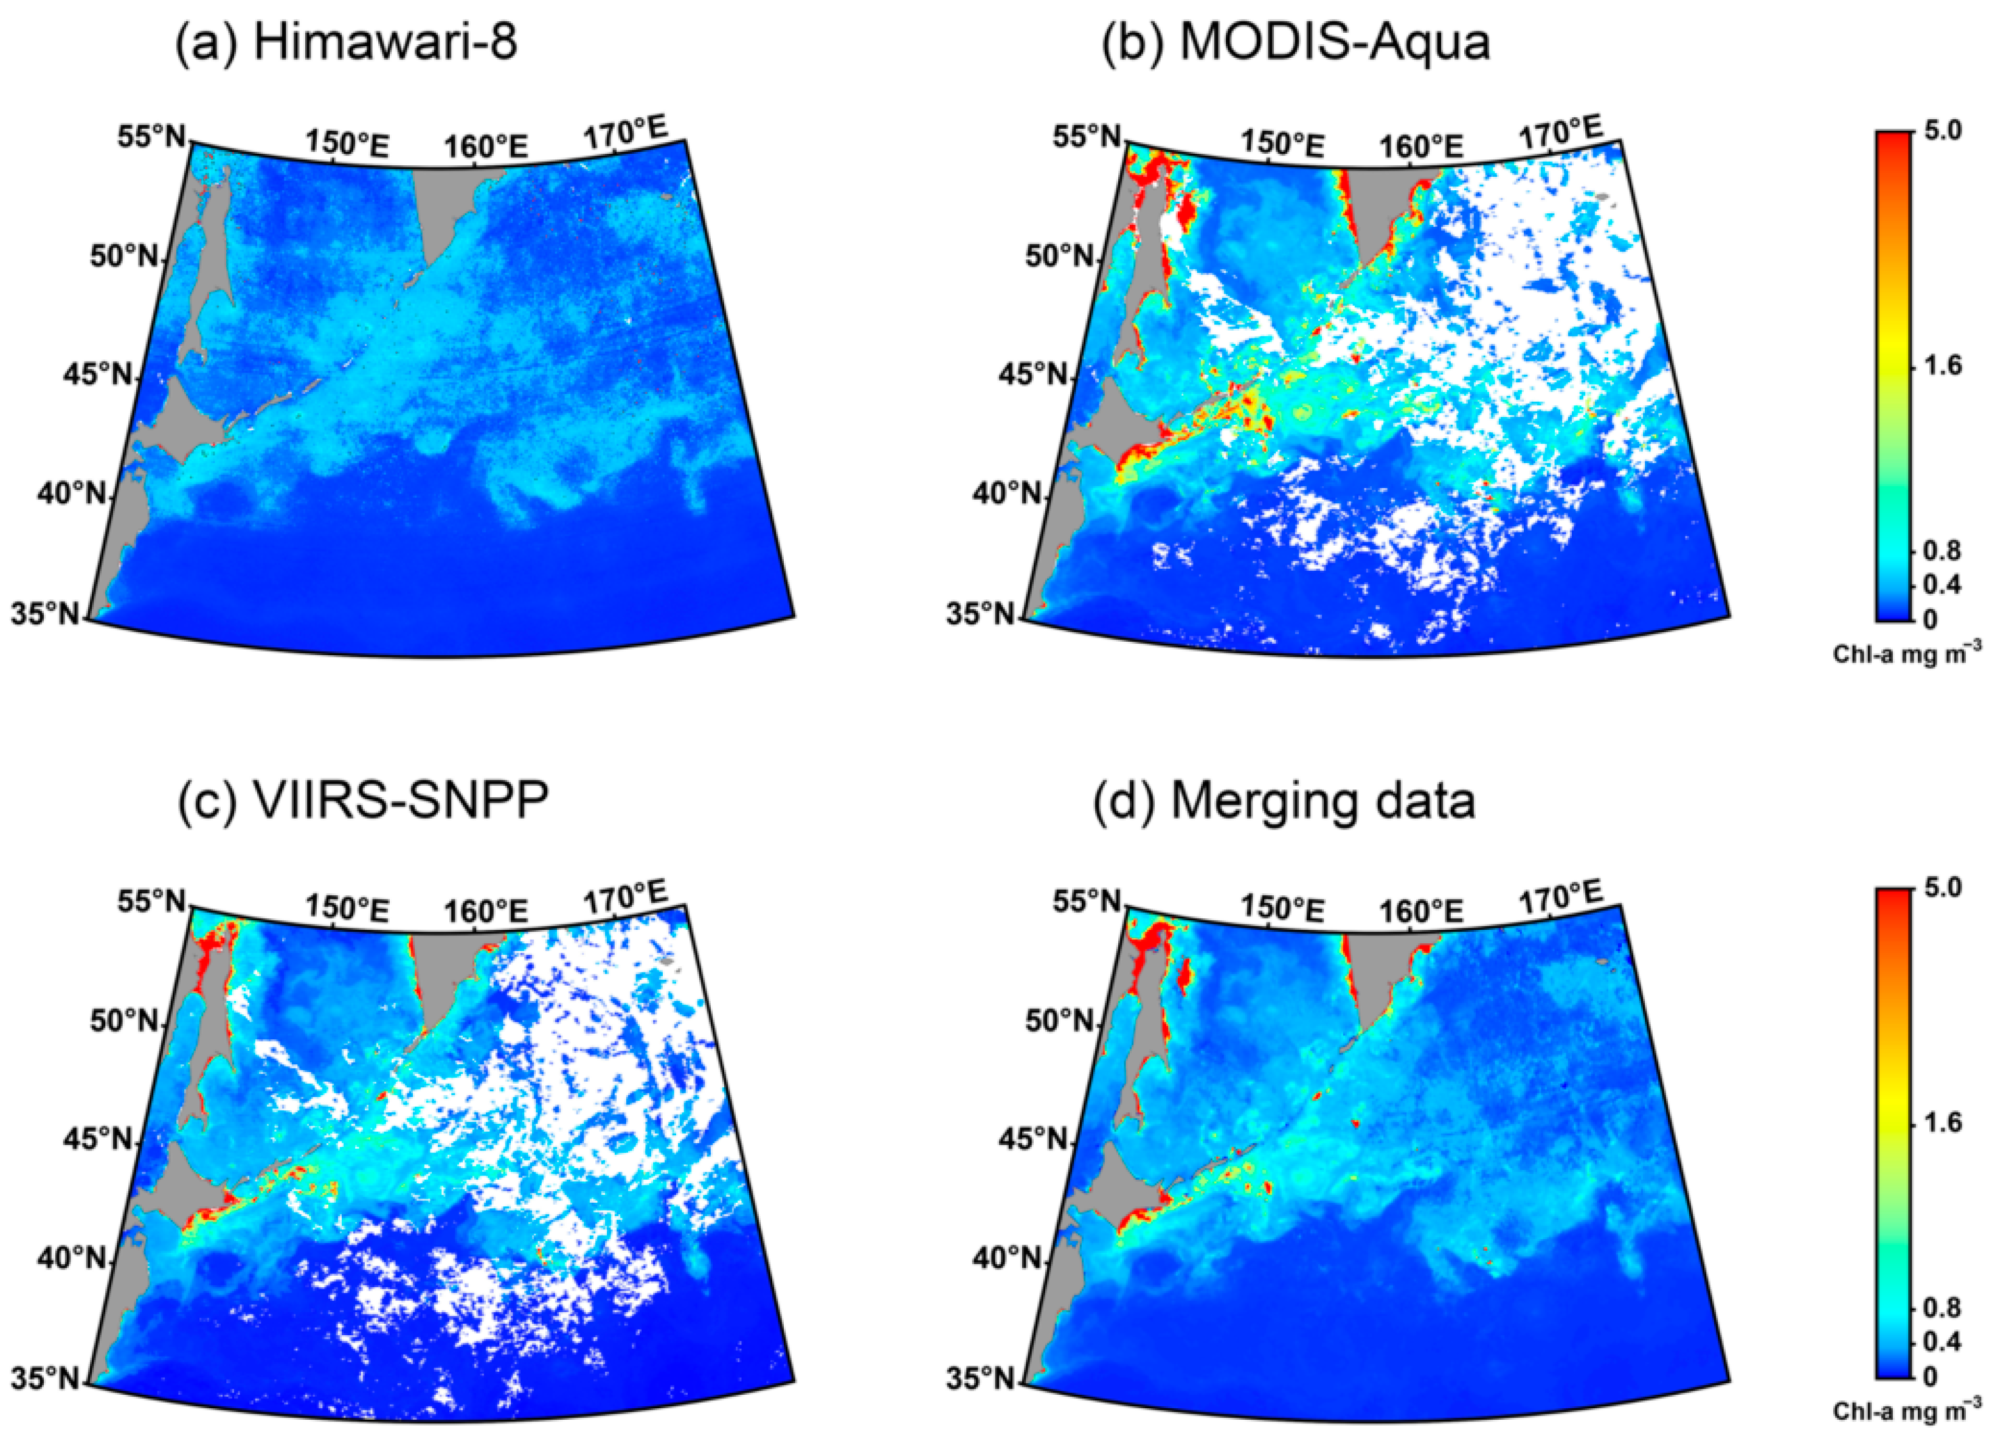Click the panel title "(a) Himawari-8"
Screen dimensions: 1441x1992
[x=346, y=42]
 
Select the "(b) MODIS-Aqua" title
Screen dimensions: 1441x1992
[x=1296, y=42]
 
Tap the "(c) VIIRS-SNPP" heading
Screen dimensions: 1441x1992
[x=363, y=800]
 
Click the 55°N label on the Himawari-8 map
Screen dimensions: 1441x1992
[x=151, y=138]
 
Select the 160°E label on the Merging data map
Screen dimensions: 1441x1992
[x=1421, y=910]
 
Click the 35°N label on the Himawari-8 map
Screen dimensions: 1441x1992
[x=44, y=614]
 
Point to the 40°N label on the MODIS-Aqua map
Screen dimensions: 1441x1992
[x=1004, y=494]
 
